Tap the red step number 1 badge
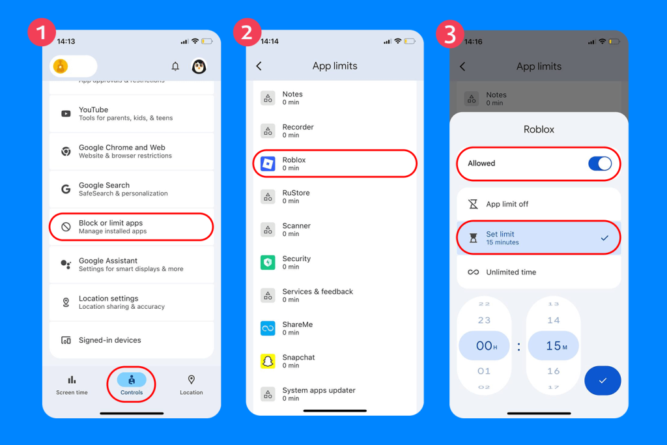(x=42, y=33)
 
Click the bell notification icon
(x=175, y=66)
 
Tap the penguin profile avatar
(x=199, y=66)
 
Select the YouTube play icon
(x=66, y=113)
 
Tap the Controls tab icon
(x=132, y=379)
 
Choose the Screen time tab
(x=72, y=385)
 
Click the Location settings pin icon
(x=66, y=302)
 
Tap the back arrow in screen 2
(x=259, y=66)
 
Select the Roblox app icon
(x=268, y=164)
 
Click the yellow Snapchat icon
(x=268, y=361)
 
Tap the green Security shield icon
(x=268, y=263)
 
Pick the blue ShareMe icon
(x=268, y=328)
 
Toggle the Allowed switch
(x=600, y=164)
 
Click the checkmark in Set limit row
(x=604, y=238)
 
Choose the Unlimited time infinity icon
(x=473, y=272)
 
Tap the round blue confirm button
(x=603, y=380)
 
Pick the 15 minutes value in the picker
(x=554, y=345)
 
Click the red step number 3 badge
(x=450, y=34)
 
